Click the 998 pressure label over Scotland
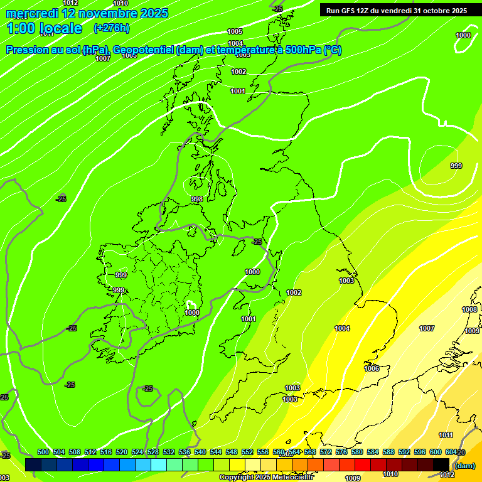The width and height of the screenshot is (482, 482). [197, 199]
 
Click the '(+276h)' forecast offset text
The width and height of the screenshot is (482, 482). [112, 28]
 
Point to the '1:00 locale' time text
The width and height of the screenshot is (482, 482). [45, 28]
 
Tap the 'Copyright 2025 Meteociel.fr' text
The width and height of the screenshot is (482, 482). [266, 478]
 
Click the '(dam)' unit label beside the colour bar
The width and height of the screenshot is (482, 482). [464, 466]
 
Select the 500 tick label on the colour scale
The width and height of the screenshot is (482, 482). [43, 453]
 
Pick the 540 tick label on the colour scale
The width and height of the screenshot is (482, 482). [200, 453]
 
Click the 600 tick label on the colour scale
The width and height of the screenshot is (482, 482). [436, 453]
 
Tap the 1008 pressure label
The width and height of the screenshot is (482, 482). [469, 309]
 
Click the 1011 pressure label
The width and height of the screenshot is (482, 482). [446, 435]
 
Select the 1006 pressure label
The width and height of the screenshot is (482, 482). [372, 368]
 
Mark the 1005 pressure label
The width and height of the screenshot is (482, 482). [235, 31]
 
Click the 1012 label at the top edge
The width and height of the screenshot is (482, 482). [71, 3]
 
